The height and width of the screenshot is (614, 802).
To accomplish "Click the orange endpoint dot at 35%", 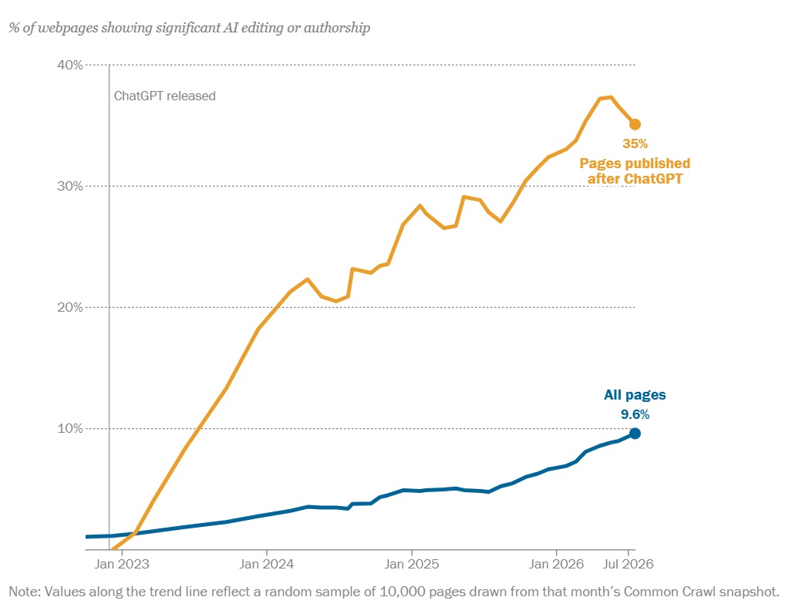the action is (635, 124).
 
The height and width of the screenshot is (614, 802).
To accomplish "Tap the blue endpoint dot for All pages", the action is (635, 434).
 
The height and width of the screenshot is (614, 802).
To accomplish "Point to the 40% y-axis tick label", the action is (69, 65).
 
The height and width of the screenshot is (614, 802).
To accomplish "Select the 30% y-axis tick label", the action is (69, 186).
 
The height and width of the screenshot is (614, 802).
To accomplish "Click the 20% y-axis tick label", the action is (69, 307).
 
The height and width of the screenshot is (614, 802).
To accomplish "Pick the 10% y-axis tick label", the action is (69, 428).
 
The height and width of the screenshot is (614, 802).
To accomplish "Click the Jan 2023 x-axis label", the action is (122, 564).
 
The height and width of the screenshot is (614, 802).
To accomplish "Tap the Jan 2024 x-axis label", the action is (267, 564).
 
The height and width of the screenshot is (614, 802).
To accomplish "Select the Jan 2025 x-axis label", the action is (412, 564).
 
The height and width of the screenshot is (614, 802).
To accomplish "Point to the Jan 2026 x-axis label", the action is (556, 564).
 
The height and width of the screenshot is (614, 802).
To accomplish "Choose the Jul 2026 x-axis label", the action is (628, 564).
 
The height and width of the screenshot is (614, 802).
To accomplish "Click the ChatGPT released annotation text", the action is (165, 96).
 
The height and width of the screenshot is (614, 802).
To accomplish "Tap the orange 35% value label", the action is (635, 143).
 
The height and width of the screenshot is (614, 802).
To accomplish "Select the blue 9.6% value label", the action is (635, 414).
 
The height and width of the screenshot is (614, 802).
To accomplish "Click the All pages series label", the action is (635, 395).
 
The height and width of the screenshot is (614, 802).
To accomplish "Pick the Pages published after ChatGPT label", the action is (635, 171).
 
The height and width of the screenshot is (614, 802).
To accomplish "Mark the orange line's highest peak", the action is (611, 97).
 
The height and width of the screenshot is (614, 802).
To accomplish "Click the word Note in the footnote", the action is (23, 592).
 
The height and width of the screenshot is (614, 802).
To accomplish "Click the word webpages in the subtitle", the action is (68, 28).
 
